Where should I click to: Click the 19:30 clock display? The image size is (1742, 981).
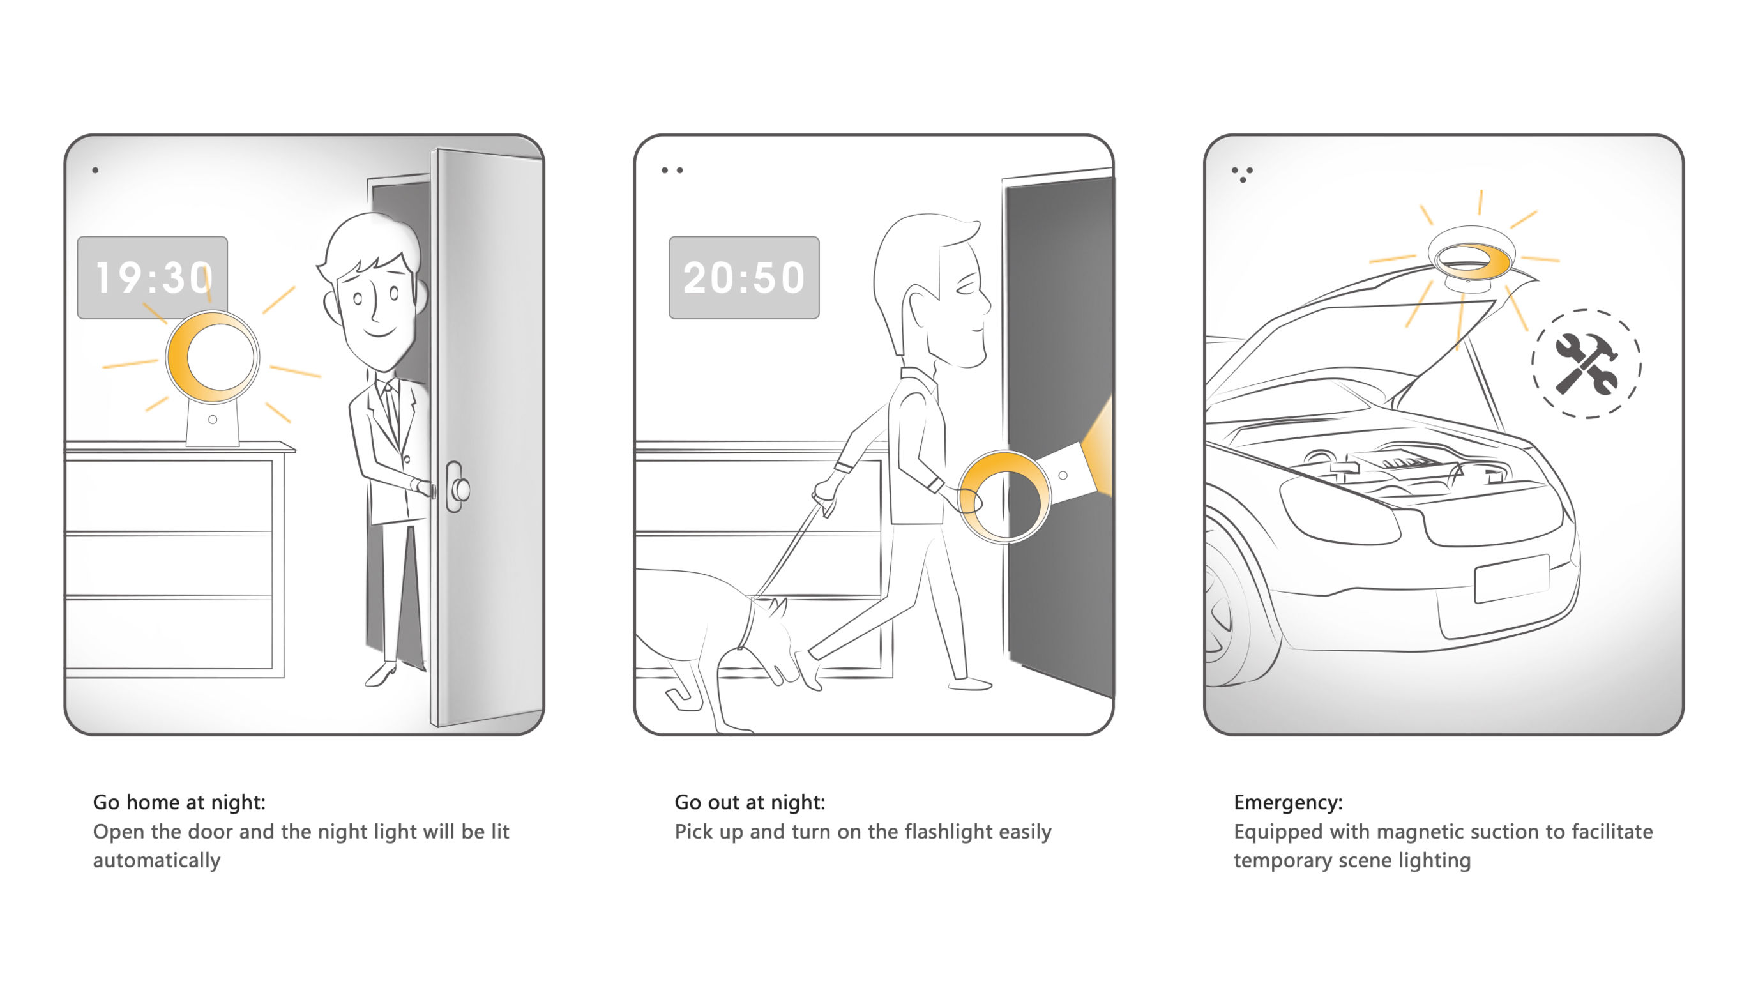click(x=152, y=277)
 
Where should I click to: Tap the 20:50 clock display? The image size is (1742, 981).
click(x=744, y=277)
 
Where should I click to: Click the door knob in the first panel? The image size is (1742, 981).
click(x=461, y=488)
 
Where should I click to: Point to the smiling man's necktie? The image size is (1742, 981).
click(x=392, y=409)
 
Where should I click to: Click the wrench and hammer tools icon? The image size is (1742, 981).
click(x=1586, y=363)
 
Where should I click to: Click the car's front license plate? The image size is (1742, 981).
click(x=1512, y=578)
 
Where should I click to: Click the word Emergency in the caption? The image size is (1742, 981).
click(x=1287, y=802)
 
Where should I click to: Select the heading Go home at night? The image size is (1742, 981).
click(x=179, y=802)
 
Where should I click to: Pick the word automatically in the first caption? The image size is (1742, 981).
click(x=157, y=860)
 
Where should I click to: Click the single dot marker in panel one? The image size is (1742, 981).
click(x=95, y=171)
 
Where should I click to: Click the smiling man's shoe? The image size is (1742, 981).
click(x=381, y=674)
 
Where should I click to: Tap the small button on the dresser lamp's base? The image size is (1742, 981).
click(x=213, y=420)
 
